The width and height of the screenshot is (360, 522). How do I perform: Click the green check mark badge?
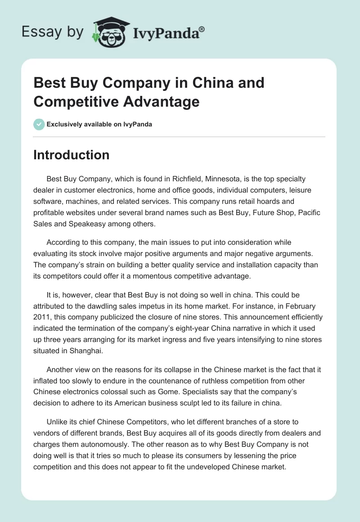pos(39,124)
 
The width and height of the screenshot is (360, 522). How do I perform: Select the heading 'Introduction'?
pos(72,155)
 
